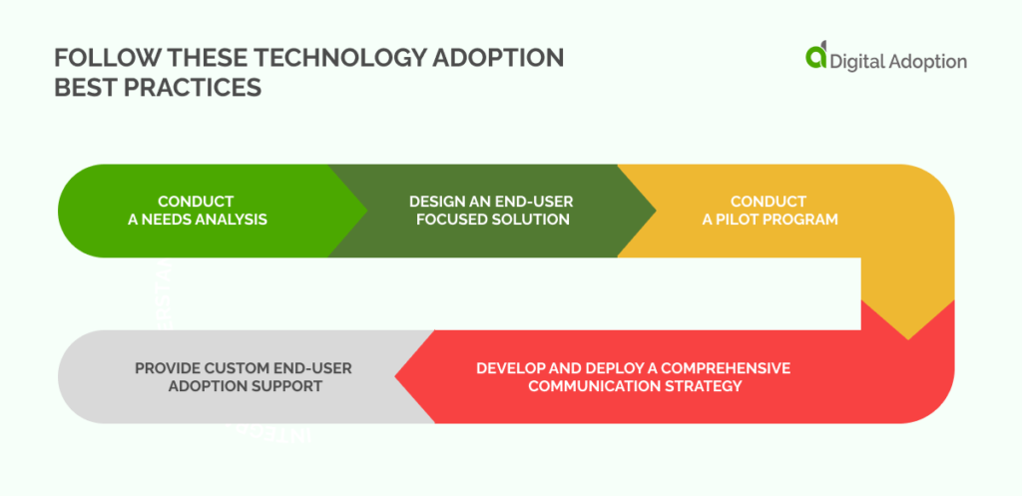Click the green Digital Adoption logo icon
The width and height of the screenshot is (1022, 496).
pos(816,57)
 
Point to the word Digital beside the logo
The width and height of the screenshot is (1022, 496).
pos(860,61)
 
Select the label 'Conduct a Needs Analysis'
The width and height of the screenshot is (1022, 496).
pos(197,211)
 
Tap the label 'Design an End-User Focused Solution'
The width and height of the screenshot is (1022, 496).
pos(491,211)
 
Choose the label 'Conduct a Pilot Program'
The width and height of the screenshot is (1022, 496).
pos(767,211)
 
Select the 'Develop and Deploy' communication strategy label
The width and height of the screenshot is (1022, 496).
pos(634,376)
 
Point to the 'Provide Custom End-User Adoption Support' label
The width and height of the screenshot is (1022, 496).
pos(243,376)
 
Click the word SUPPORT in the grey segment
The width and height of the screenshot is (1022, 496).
pos(289,385)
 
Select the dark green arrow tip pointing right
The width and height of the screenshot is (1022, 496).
pos(650,211)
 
